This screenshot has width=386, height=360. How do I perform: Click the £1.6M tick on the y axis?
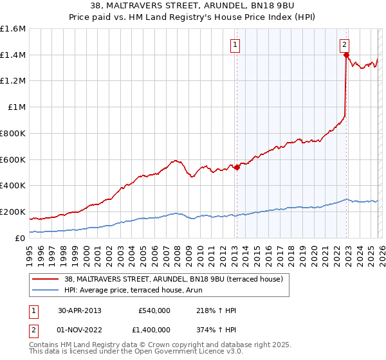pos(13,29)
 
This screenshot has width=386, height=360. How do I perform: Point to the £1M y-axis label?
pos(15,107)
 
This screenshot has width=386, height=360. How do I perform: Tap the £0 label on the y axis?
pos(20,238)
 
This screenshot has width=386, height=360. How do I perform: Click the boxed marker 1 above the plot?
pos(235,45)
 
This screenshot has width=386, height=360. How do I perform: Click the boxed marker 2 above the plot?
pos(345,44)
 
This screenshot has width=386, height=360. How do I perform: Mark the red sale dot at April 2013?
pos(236,167)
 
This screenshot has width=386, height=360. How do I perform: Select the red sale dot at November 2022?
pos(346,55)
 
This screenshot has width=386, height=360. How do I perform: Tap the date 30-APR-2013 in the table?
pos(79,310)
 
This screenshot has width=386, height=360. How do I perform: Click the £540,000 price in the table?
pos(154,310)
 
